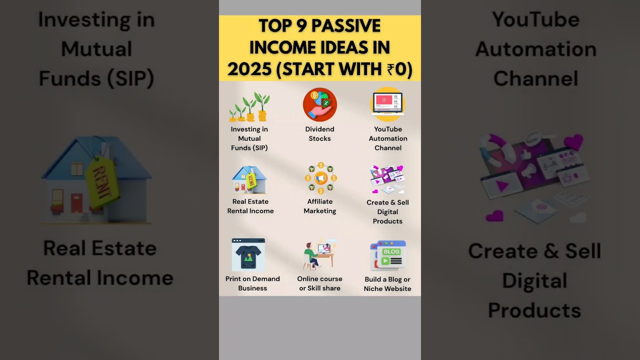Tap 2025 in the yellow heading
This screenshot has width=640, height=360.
click(250, 69)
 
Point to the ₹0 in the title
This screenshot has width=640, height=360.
click(398, 69)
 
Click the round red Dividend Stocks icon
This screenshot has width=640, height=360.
click(320, 104)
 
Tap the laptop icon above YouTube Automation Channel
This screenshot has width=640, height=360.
click(387, 104)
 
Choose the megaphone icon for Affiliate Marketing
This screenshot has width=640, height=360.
click(320, 177)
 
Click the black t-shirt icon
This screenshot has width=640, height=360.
click(248, 254)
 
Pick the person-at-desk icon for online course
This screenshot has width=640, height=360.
click(319, 254)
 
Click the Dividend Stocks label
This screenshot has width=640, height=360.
click(320, 134)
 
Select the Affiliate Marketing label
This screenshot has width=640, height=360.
click(320, 206)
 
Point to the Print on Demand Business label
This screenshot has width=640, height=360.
click(252, 283)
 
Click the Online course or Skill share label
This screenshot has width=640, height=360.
click(320, 283)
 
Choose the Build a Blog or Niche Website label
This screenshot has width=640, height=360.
click(387, 284)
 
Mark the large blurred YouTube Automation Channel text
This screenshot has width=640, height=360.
click(535, 49)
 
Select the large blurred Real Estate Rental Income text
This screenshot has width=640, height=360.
click(99, 263)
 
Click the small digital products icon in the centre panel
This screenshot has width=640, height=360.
click(387, 179)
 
